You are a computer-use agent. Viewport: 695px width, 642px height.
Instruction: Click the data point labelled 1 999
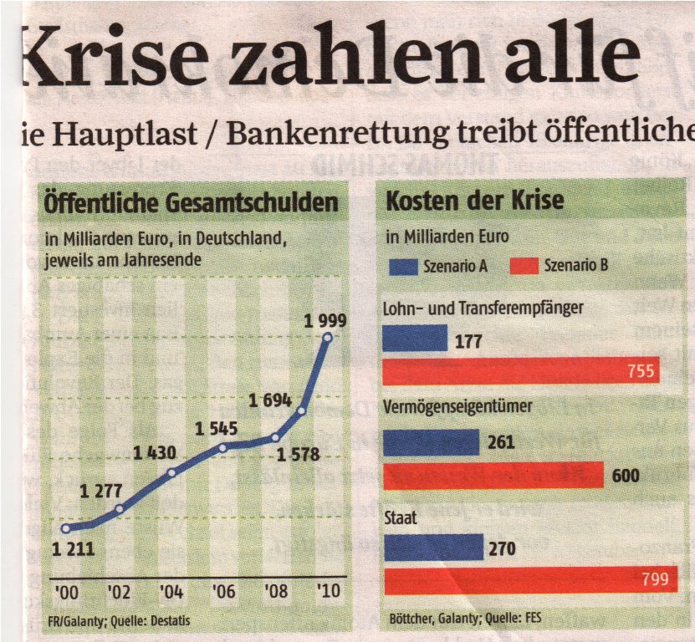(x=327, y=338)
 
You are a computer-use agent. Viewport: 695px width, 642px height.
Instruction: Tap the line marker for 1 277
(x=120, y=508)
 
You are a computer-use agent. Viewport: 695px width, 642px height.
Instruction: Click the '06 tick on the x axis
(x=222, y=592)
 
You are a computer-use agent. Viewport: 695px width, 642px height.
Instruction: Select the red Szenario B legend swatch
(x=511, y=267)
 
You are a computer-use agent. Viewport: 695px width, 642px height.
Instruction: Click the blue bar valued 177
(x=415, y=338)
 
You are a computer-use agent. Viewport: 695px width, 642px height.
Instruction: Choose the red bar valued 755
(x=520, y=370)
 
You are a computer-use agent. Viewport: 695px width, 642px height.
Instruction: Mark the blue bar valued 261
(x=431, y=442)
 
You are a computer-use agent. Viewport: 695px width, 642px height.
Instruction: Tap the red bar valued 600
(x=493, y=475)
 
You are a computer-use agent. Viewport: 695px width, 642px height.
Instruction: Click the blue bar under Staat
(x=433, y=548)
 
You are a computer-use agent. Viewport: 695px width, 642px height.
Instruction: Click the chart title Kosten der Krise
(x=474, y=201)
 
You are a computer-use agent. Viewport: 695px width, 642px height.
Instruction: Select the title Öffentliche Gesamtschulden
(x=191, y=202)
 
